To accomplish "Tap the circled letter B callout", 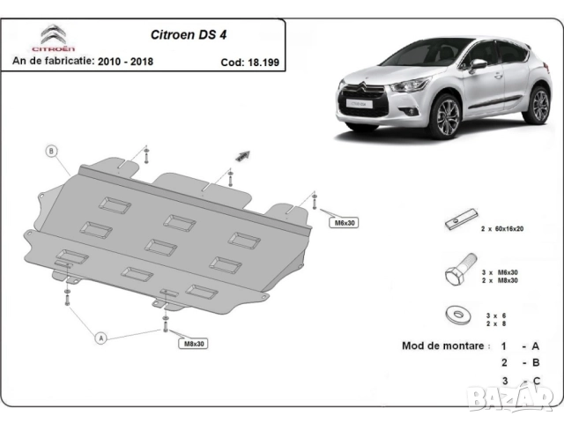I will coord(51,151).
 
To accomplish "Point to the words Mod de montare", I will coord(442,345).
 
